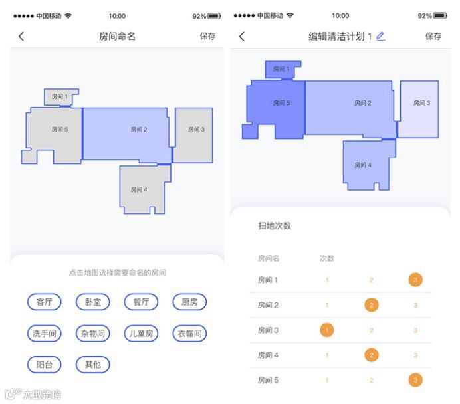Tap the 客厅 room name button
(45, 302)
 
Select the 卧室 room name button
(93, 302)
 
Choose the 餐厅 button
(141, 302)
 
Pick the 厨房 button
(189, 302)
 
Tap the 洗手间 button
(45, 333)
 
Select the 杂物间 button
(93, 333)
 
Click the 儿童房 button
(141, 333)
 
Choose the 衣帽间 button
(189, 333)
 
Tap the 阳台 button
(45, 364)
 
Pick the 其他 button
(93, 364)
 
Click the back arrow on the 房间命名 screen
(21, 37)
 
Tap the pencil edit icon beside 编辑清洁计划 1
(380, 37)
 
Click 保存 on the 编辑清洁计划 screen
(433, 37)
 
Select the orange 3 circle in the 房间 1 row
(415, 280)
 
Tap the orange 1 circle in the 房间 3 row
(326, 330)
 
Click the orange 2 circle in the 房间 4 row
(372, 355)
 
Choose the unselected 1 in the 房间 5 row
(326, 380)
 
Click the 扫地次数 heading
(275, 226)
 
